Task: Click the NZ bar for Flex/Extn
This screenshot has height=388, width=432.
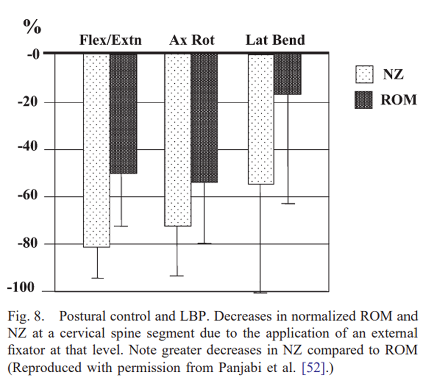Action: click(x=97, y=150)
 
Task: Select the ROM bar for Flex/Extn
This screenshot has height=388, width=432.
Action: click(x=124, y=113)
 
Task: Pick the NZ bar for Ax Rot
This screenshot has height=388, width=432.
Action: click(x=177, y=139)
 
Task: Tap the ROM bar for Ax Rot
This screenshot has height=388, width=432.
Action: click(x=204, y=117)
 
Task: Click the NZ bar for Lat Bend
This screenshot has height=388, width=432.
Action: click(x=260, y=118)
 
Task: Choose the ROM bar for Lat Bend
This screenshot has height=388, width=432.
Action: click(x=287, y=74)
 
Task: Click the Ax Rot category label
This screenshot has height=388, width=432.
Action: click(x=192, y=40)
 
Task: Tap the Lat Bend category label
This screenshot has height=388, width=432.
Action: click(x=275, y=40)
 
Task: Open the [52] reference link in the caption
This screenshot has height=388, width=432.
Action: click(x=317, y=366)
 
